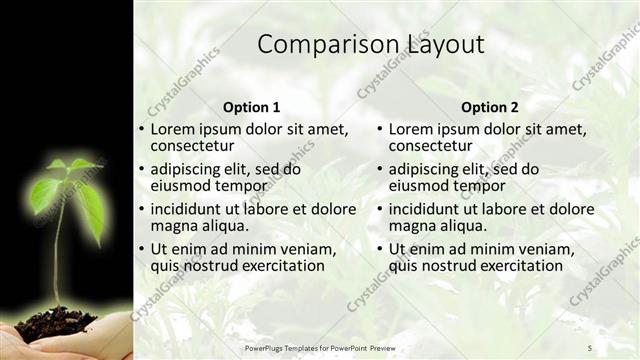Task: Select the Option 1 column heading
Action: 251,107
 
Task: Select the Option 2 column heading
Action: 490,107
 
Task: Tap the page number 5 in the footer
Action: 590,347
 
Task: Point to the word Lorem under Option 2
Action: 412,129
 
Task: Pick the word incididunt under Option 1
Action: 192,210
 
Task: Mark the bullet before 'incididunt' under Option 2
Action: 380,210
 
